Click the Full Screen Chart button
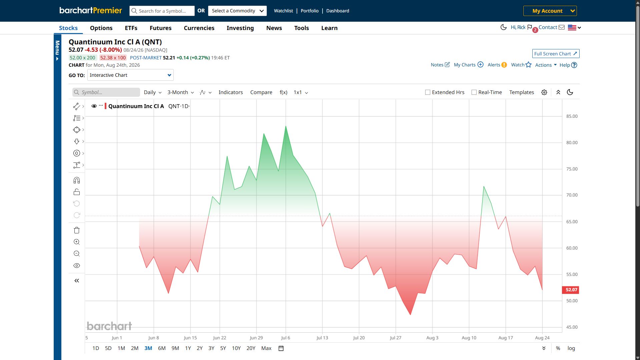556,54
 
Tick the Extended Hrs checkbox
428,92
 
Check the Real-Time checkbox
474,92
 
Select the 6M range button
162,348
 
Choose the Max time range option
266,348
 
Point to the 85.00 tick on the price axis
572,116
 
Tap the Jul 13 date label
322,338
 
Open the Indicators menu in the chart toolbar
230,92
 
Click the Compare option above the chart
261,92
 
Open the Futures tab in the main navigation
160,28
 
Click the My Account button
550,11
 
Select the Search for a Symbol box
162,11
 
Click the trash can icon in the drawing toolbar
77,230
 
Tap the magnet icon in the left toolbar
77,181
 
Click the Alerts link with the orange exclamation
497,65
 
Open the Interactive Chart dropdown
130,75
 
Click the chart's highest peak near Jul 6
286,126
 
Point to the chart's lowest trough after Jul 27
410,315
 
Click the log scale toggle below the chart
571,348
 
